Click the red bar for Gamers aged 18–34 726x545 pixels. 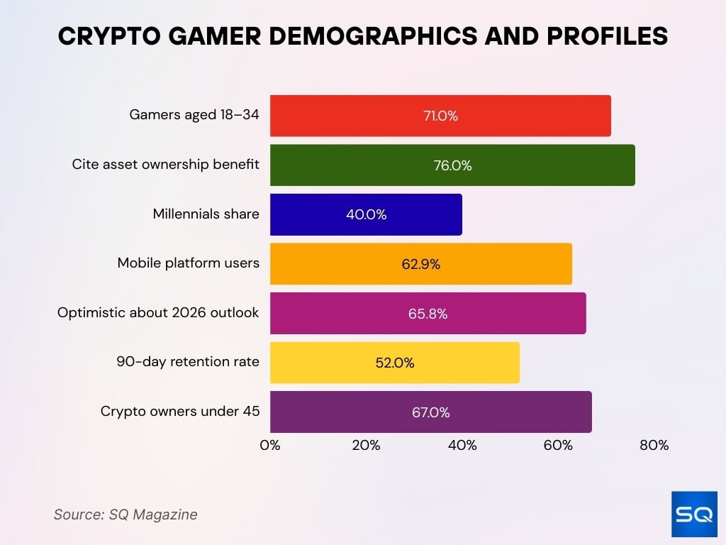(x=440, y=116)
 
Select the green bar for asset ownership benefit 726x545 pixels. (x=452, y=165)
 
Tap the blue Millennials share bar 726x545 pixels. (x=365, y=214)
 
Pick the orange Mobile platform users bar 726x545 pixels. (x=420, y=264)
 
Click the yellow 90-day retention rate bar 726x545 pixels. (x=394, y=363)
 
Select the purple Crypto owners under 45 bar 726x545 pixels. (x=430, y=412)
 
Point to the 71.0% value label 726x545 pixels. (x=440, y=116)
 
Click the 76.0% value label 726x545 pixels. (x=452, y=166)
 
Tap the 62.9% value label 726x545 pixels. (x=420, y=265)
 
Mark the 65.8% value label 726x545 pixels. (x=428, y=314)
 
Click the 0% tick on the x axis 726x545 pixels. (x=270, y=446)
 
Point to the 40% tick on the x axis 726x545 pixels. (x=462, y=446)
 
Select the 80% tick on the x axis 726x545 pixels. (x=654, y=446)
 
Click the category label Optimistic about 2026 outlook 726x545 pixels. (x=158, y=313)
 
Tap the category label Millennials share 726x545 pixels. (x=206, y=214)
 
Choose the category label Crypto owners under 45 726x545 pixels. (x=180, y=412)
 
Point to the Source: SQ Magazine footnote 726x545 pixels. (x=125, y=514)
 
